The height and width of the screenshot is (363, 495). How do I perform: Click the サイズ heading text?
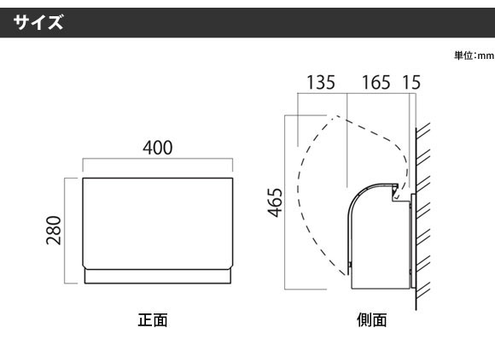(38, 22)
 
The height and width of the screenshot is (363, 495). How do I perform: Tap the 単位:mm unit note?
(475, 56)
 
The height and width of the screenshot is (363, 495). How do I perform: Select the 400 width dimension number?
(158, 148)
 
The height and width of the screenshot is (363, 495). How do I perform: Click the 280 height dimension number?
(54, 231)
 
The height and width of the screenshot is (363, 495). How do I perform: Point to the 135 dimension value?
(321, 83)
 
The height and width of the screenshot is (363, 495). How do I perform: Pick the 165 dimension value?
(376, 83)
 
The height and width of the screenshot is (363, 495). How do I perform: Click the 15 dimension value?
(411, 83)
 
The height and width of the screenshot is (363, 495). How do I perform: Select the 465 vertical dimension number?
(275, 202)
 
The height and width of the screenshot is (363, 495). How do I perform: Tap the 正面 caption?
(153, 319)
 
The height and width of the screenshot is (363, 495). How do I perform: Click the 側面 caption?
(372, 319)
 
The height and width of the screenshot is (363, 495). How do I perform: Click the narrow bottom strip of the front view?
(158, 277)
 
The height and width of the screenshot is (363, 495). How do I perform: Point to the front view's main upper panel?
(158, 224)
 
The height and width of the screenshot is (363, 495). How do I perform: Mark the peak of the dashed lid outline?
(337, 115)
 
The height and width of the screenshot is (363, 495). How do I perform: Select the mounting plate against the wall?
(413, 241)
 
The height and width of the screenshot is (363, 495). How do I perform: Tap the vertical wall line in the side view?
(416, 219)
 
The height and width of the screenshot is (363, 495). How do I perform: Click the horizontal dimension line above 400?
(158, 159)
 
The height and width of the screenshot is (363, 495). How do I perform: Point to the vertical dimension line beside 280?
(65, 231)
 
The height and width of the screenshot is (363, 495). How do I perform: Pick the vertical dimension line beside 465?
(285, 202)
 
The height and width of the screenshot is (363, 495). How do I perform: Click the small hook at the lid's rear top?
(394, 193)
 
